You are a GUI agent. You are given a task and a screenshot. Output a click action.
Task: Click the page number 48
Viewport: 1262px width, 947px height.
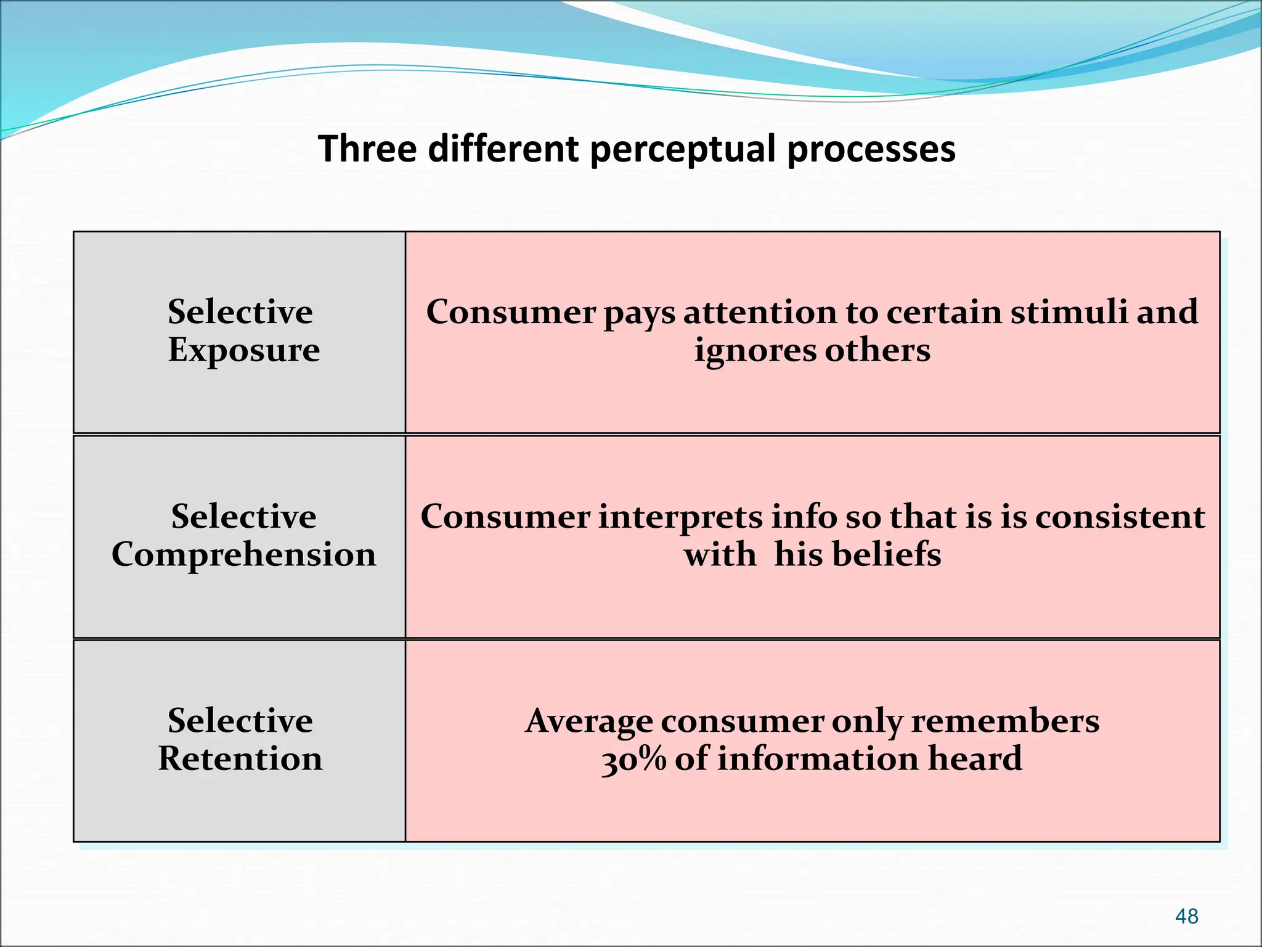1186,916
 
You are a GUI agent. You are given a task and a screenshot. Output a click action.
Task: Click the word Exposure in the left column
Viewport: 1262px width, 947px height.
244,351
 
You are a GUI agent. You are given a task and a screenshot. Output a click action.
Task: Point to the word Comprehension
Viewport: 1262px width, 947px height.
244,554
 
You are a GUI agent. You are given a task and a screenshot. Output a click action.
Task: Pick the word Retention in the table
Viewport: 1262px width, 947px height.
240,758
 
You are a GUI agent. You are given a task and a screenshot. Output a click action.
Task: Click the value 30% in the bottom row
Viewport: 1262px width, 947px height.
634,759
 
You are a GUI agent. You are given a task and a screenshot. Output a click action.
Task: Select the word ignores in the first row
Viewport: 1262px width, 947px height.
755,351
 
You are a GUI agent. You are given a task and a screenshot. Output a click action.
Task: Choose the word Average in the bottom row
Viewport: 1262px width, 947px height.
588,721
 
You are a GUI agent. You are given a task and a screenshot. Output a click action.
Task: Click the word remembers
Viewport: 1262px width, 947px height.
1005,721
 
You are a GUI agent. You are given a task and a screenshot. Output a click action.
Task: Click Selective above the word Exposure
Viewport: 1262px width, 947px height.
240,312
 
